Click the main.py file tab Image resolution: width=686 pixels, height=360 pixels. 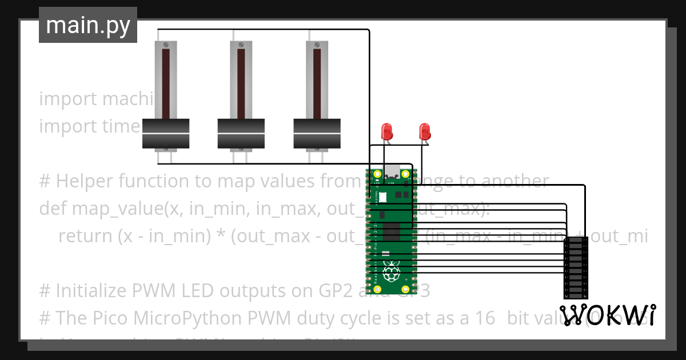pos(87,25)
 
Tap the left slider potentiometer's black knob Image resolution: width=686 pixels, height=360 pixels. pos(165,133)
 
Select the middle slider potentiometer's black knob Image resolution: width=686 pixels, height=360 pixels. pos(241,133)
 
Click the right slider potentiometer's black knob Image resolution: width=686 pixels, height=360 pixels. pos(317,133)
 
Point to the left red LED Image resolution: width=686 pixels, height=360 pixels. pos(387,131)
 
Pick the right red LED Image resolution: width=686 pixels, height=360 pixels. pos(424,131)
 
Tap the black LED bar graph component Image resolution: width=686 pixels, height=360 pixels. pos(576,268)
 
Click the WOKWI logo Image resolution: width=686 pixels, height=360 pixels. pos(608,315)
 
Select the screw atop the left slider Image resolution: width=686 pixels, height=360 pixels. pos(165,45)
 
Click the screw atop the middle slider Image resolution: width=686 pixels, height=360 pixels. pos(241,45)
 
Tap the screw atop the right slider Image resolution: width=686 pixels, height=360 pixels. pos(317,45)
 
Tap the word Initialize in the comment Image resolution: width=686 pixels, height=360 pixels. pos(92,291)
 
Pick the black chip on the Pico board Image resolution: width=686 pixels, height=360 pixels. pos(392,231)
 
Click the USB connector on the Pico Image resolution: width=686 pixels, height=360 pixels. pos(392,170)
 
